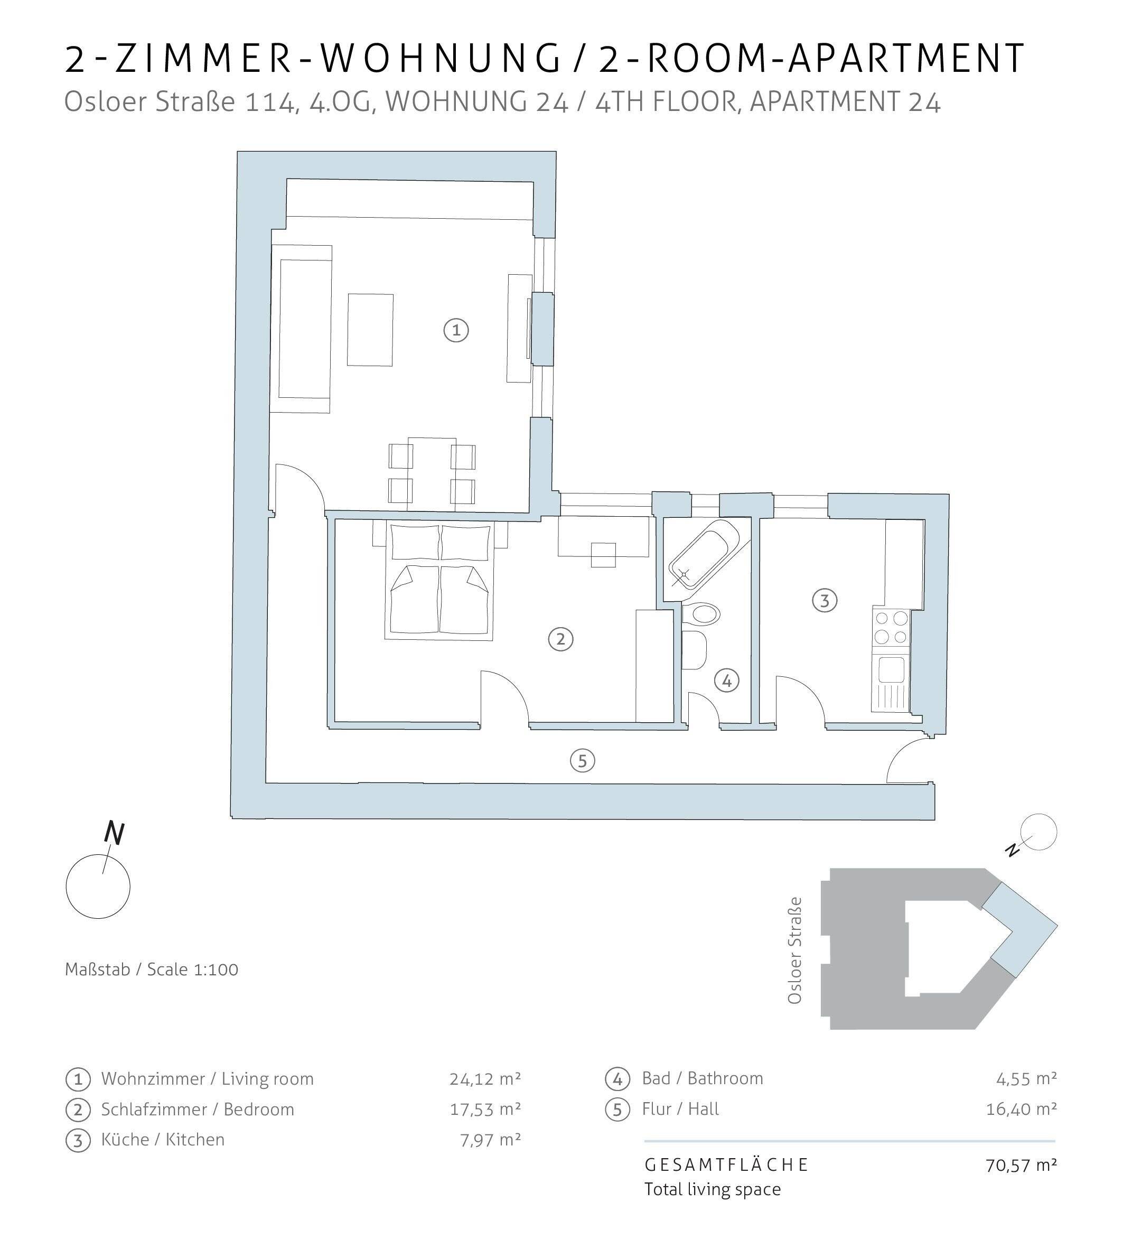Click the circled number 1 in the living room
(x=456, y=330)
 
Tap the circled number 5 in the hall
(x=583, y=761)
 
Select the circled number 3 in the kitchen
(x=825, y=600)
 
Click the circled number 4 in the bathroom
(x=726, y=681)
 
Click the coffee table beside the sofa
(x=370, y=330)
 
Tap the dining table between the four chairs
(x=432, y=473)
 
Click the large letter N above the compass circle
(x=115, y=834)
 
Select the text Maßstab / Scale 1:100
(x=151, y=970)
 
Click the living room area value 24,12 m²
(x=485, y=1079)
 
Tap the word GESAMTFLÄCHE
(x=726, y=1165)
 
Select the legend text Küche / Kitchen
(x=162, y=1140)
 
